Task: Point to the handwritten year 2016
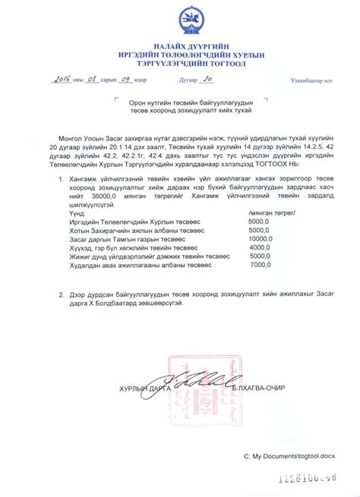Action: pyautogui.click(x=65, y=78)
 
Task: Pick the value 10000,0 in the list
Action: pyautogui.click(x=260, y=239)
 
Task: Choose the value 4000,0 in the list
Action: pyautogui.click(x=260, y=247)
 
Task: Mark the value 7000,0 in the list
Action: pyautogui.click(x=260, y=265)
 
